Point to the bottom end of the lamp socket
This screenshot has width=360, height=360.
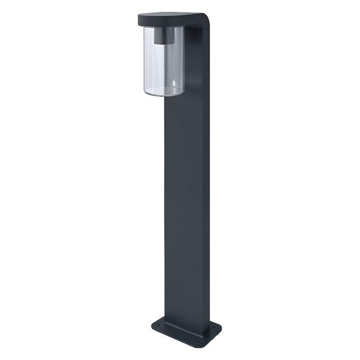click(164, 44)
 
